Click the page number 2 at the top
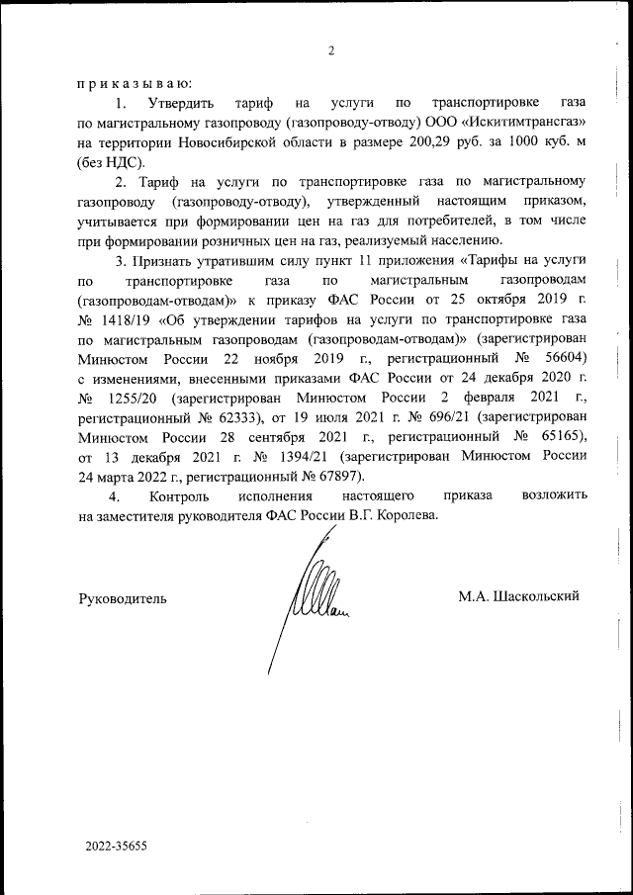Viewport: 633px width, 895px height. pyautogui.click(x=332, y=51)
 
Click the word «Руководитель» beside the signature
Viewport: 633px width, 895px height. pyautogui.click(x=123, y=597)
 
